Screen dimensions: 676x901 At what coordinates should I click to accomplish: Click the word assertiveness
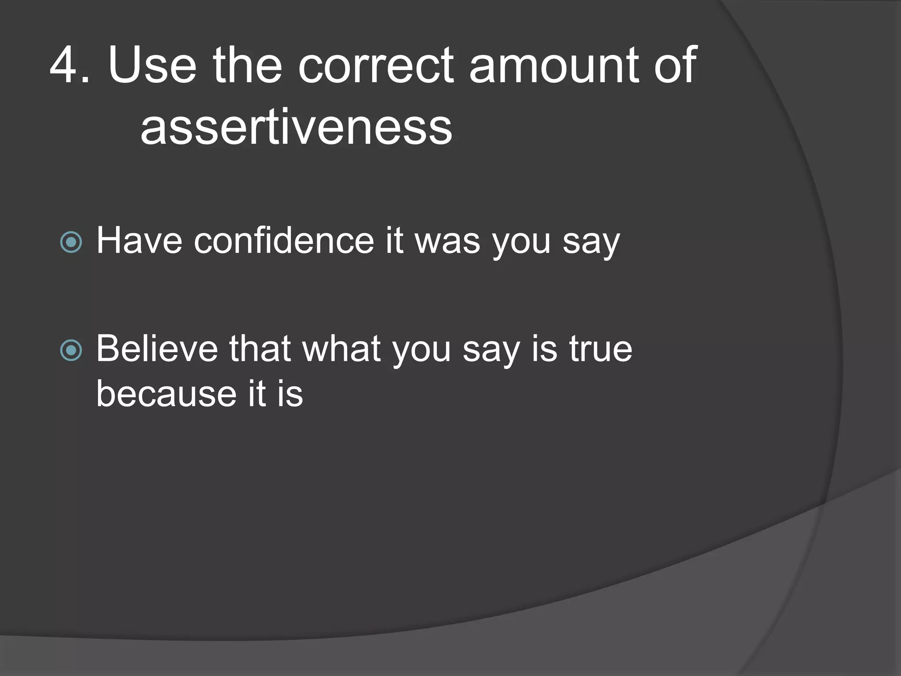click(296, 128)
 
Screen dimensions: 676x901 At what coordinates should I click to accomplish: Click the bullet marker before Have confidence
click(71, 242)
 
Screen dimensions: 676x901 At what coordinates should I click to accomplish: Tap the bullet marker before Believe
click(71, 350)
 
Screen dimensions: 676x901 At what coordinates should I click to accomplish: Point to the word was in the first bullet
click(447, 241)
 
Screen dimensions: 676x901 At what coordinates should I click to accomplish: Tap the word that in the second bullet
click(260, 349)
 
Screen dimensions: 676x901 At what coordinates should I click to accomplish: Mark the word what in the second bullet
click(341, 349)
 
